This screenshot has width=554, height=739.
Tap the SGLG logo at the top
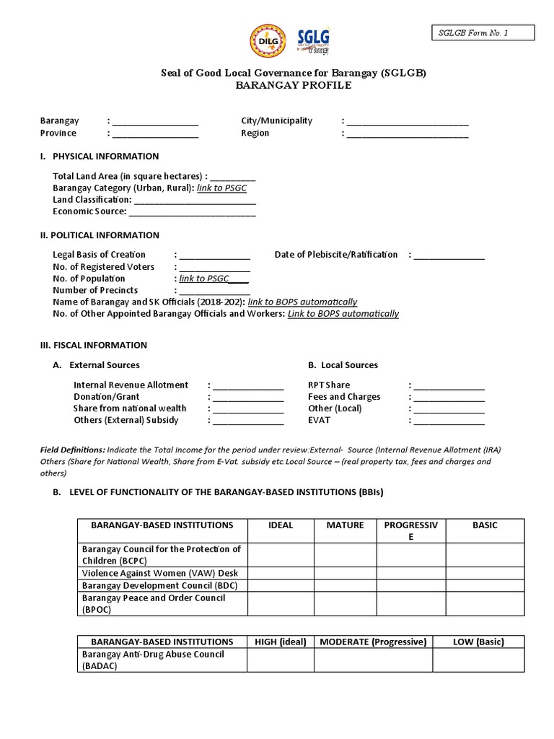pos(314,42)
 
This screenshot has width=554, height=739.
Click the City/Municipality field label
pos(276,121)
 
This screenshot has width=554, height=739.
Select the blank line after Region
pos(408,134)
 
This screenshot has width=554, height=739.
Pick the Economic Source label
pos(89,211)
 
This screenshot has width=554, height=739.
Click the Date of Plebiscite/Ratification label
pos(336,254)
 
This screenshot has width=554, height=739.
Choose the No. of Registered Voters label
pos(103,266)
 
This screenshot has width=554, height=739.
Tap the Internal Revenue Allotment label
pos(131,385)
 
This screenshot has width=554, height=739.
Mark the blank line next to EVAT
pos(448,421)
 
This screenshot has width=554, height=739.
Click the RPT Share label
pos(329,385)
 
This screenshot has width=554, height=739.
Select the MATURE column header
pos(345,525)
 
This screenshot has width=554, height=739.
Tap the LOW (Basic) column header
pos(478,642)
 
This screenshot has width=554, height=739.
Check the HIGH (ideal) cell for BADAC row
pos(280,660)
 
